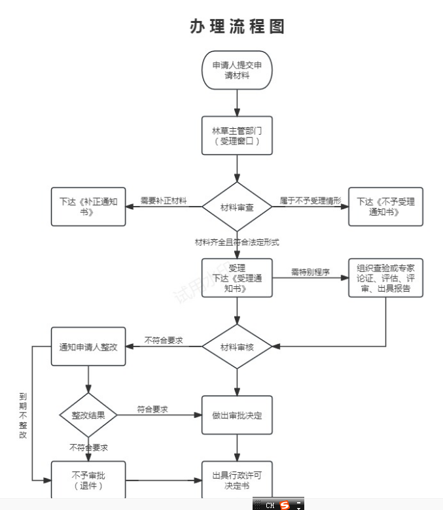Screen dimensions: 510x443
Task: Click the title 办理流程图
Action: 236,27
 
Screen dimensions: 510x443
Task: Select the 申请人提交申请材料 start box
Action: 236,70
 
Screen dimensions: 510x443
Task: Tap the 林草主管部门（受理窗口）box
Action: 236,135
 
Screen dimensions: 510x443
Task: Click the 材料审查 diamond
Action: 236,207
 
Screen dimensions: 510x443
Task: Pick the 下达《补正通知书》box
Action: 88,207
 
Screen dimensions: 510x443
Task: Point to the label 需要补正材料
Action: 163,201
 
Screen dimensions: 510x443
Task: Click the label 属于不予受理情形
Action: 310,201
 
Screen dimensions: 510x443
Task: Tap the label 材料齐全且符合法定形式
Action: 237,242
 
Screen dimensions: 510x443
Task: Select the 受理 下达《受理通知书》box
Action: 236,277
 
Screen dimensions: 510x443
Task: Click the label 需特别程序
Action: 310,271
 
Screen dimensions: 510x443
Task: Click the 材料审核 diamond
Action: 236,347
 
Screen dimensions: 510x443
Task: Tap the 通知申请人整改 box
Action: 88,347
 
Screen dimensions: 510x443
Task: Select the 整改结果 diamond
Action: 88,415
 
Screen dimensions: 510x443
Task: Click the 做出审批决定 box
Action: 236,415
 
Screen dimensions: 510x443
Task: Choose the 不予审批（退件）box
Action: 88,481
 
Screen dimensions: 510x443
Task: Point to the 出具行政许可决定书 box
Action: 236,481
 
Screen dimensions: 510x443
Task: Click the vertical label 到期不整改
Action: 23,415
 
